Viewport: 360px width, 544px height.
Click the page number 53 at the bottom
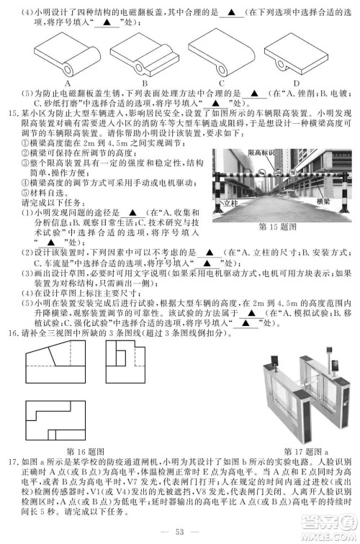pos(180,532)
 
